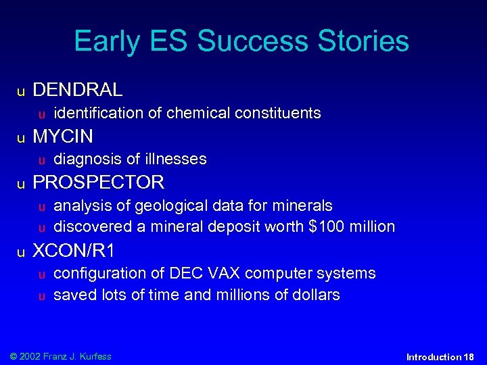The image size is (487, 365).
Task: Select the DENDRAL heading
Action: (78, 89)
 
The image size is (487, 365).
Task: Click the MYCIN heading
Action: (63, 136)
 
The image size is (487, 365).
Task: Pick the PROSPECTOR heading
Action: (98, 182)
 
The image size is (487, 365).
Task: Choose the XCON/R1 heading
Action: (74, 251)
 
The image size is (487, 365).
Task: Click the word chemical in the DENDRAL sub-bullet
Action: (193, 113)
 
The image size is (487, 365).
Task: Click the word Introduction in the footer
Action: (434, 357)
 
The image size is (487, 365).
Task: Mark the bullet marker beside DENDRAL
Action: (22, 91)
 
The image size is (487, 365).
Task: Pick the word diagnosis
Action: (82, 159)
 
